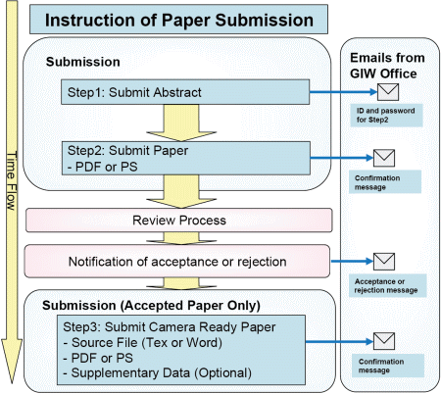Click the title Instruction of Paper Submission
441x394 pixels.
coord(179,20)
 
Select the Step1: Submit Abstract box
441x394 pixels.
coord(185,92)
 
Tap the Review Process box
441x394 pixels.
coord(179,221)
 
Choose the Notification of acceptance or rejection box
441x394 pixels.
coord(177,262)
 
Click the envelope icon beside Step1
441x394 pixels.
coord(388,92)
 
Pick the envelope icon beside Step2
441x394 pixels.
coord(384,158)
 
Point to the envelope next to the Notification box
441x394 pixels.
coord(384,262)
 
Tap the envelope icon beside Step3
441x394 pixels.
coord(384,341)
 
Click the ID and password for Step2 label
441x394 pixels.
coord(386,116)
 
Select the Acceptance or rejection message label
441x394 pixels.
coord(386,286)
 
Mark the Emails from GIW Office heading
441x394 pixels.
coord(387,66)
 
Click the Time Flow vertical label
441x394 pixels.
coord(12,180)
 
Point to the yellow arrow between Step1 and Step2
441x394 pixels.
coord(181,123)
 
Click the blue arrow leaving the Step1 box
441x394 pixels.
coord(343,92)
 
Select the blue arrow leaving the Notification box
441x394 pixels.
coord(352,262)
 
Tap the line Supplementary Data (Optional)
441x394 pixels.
coord(158,372)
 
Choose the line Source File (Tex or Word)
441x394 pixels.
coord(143,343)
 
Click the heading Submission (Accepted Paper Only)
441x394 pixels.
coord(151,306)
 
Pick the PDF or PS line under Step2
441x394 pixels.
coord(103,167)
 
